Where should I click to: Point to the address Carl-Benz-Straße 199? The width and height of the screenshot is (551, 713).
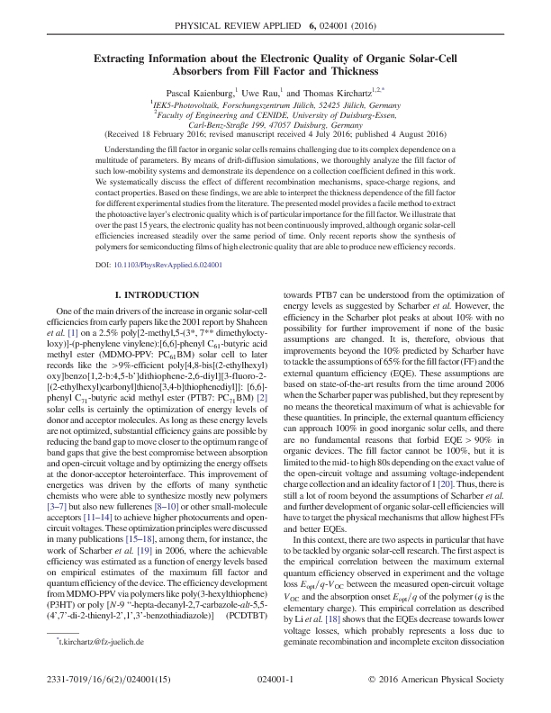tap(222, 125)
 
